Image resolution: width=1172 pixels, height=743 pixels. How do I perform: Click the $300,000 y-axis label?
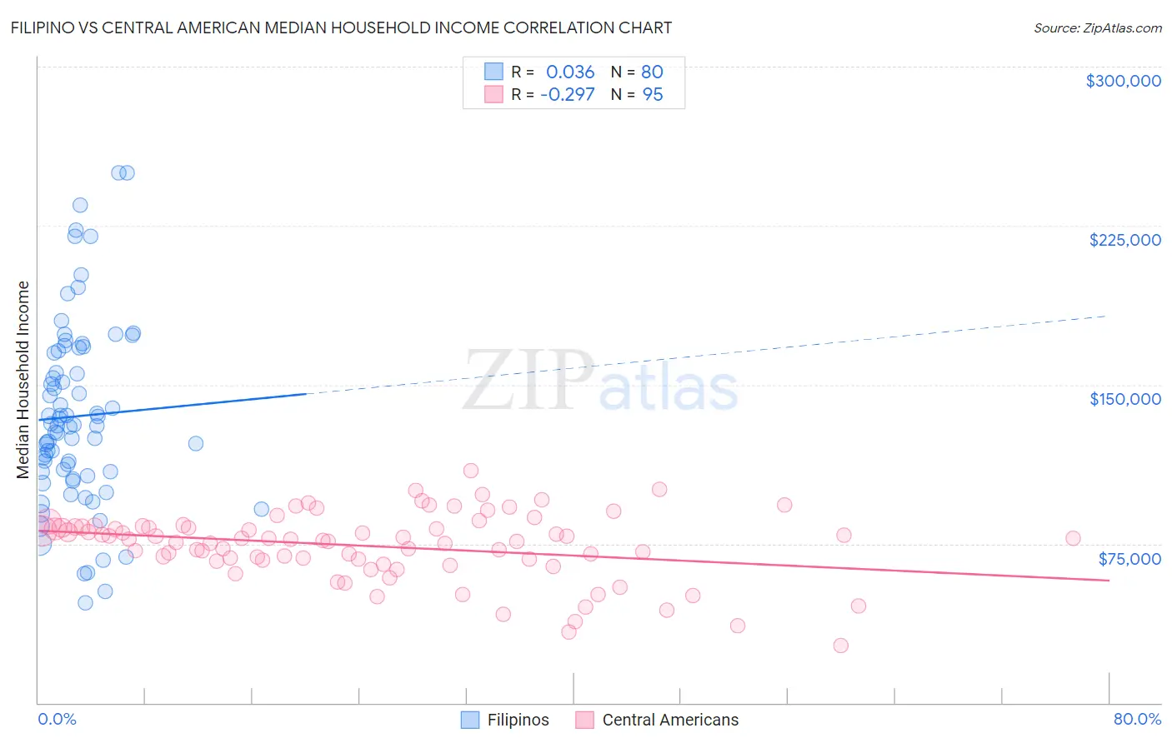click(x=1123, y=81)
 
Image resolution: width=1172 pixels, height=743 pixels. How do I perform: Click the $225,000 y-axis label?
click(x=1124, y=240)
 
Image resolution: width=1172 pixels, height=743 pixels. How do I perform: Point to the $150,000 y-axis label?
click(x=1124, y=399)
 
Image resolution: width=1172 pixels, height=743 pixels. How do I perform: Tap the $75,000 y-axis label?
click(x=1129, y=559)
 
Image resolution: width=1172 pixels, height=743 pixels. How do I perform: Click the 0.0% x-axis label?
click(x=57, y=719)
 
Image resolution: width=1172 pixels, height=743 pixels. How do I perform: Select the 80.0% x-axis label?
click(x=1137, y=719)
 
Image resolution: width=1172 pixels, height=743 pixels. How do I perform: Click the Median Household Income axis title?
click(x=23, y=379)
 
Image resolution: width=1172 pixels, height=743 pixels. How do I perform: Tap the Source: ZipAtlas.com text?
click(x=1097, y=28)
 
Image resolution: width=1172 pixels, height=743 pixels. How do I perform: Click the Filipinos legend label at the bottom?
click(x=518, y=720)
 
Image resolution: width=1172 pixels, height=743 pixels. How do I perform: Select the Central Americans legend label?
click(x=670, y=720)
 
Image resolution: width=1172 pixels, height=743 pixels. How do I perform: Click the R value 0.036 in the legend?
click(x=570, y=72)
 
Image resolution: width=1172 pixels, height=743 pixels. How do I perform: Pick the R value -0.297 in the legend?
click(x=567, y=94)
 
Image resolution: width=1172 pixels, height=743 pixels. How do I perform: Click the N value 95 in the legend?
click(x=653, y=94)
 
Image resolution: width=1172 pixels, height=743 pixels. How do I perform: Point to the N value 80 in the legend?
click(x=652, y=72)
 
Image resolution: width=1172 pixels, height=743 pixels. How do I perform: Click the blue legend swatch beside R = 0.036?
click(x=493, y=72)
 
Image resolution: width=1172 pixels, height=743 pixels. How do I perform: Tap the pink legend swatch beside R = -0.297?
click(x=493, y=94)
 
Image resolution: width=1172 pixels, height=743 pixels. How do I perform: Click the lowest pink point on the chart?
click(x=840, y=646)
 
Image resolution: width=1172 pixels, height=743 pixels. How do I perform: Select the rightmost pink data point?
click(x=1073, y=538)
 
